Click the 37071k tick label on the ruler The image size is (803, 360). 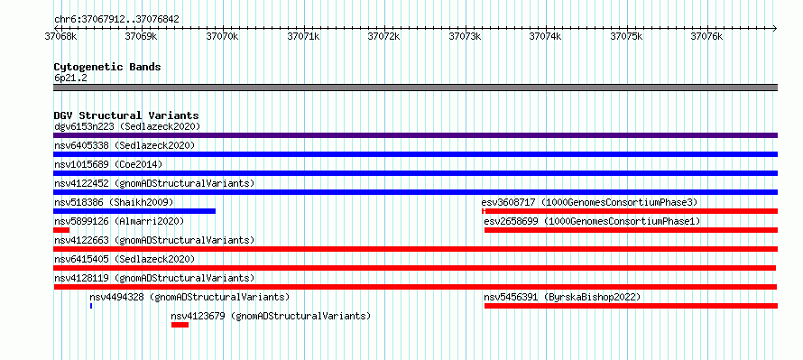coord(304,36)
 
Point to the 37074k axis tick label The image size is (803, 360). coord(545,36)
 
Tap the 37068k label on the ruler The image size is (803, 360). coord(61,36)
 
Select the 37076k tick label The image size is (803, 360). coord(706,36)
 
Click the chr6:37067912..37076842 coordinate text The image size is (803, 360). coord(116,20)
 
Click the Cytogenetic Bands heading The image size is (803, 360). coord(107,67)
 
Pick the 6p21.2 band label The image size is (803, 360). coord(69,78)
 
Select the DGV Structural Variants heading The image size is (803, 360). coord(126,115)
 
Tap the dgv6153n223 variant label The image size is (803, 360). coord(84,126)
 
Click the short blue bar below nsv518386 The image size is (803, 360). coord(134,211)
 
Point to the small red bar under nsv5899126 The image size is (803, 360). coord(61,230)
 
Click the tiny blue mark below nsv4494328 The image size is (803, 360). coord(91,306)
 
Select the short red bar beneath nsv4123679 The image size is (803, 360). coord(180,325)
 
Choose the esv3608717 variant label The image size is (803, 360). coord(509,202)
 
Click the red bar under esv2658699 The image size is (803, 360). coord(631,230)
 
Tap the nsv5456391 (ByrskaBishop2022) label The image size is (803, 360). coord(562,297)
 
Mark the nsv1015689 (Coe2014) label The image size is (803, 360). coord(108,164)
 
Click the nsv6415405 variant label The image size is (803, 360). coord(81,259)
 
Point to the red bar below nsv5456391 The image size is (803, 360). coord(631,306)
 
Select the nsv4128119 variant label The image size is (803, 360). coord(81,278)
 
